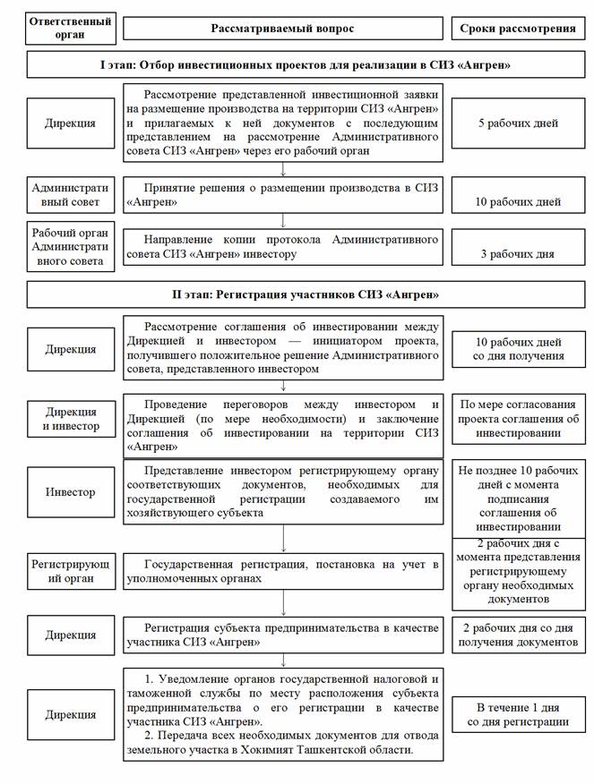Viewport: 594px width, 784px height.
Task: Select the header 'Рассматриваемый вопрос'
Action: pyautogui.click(x=282, y=28)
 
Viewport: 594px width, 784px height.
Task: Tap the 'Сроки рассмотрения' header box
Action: pyautogui.click(x=517, y=28)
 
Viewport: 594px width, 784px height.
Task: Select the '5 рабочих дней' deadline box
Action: pyautogui.click(x=519, y=123)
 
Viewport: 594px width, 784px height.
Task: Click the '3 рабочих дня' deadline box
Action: pyautogui.click(x=517, y=250)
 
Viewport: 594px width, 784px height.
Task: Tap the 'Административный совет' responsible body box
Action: pyautogui.click(x=70, y=195)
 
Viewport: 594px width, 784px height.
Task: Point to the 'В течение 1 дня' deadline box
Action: pyautogui.click(x=517, y=714)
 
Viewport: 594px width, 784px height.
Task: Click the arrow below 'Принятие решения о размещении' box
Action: pyautogui.click(x=283, y=219)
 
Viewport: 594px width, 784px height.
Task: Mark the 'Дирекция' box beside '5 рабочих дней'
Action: pyautogui.click(x=71, y=123)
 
